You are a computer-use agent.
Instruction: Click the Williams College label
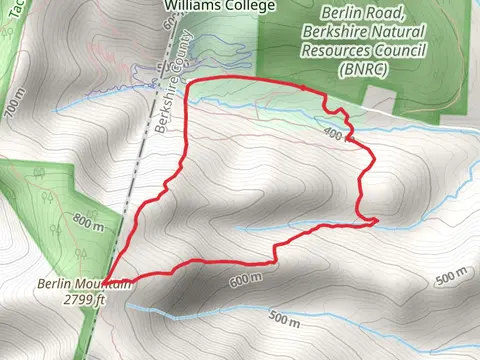204,5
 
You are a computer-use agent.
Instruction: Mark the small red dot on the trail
305,86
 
